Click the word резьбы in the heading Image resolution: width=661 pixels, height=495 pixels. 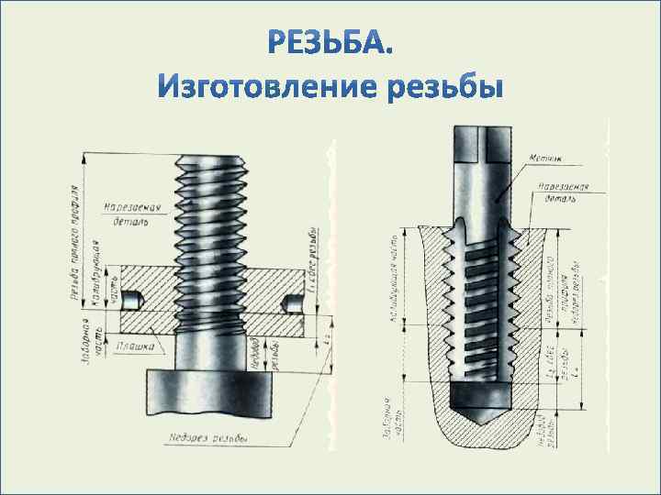pos(446,91)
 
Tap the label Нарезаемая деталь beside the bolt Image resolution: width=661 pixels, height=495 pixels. pos(132,214)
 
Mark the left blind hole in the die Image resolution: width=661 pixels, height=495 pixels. pos(135,299)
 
